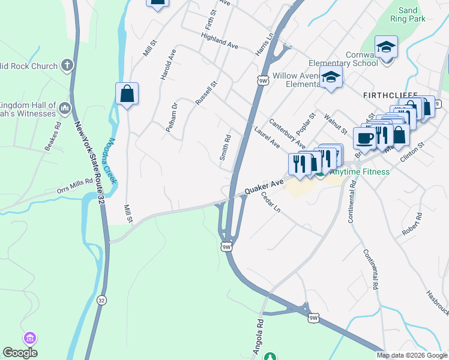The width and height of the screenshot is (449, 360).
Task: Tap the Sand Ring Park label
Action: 408,14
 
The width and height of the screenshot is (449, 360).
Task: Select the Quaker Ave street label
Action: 264,188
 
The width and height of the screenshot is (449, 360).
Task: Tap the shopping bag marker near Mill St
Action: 127,94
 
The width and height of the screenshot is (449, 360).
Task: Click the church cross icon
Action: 67,65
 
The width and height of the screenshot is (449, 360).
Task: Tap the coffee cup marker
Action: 364,138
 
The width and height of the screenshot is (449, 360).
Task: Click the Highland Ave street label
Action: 220,41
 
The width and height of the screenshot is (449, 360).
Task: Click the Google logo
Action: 20,353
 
